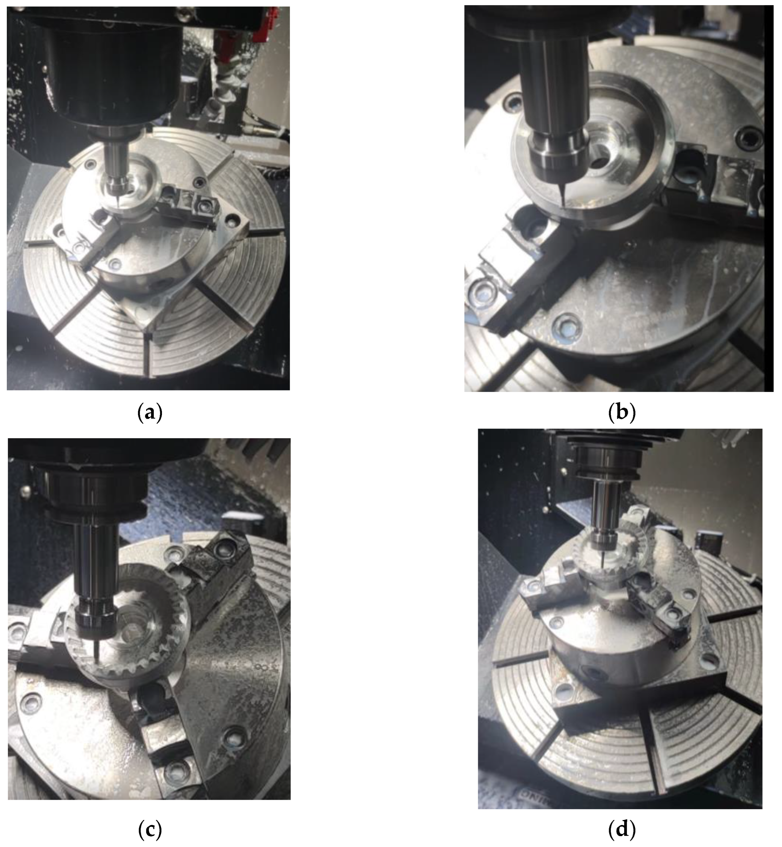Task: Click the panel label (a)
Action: click(x=150, y=412)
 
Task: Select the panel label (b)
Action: click(x=622, y=412)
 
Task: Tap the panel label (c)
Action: click(x=150, y=830)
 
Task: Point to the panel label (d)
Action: click(x=622, y=830)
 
